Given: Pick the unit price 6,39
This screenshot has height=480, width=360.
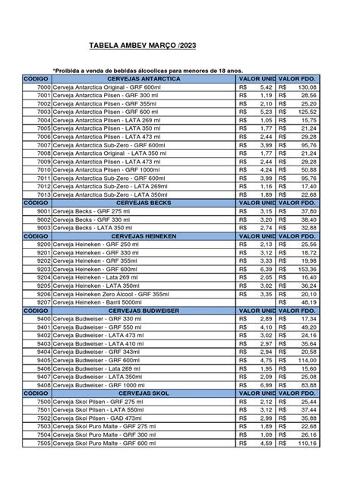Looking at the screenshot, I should pos(261,269).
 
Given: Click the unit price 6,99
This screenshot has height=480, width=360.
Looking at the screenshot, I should pos(261,384).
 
